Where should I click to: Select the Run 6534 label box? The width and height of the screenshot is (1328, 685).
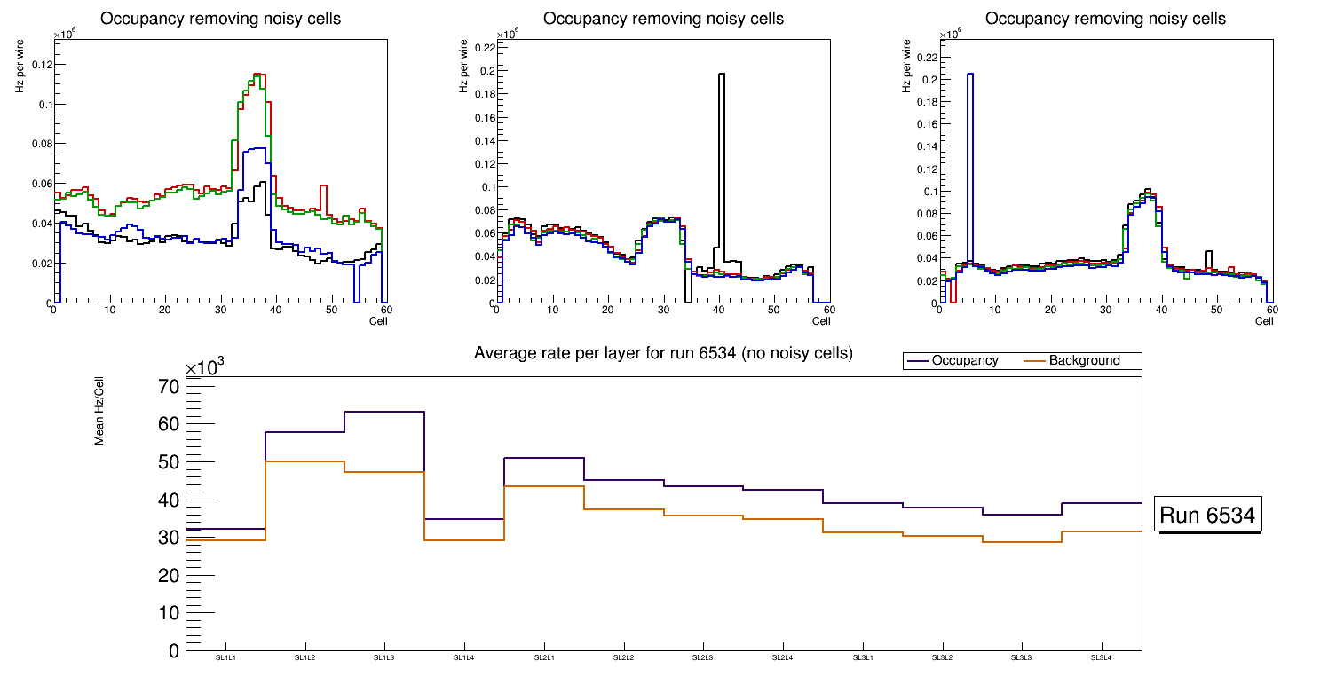tap(1207, 516)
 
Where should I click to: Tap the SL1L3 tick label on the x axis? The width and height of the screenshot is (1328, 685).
tap(384, 658)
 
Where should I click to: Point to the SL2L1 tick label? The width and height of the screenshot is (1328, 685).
tap(544, 658)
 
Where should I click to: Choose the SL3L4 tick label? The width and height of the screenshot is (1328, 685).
tap(1102, 658)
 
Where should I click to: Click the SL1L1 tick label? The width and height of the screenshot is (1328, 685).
tap(225, 658)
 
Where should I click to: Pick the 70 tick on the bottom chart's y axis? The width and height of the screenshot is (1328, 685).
tap(170, 387)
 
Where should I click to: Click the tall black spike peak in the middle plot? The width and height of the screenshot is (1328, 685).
tap(722, 75)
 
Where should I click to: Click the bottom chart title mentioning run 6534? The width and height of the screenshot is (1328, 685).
tap(663, 353)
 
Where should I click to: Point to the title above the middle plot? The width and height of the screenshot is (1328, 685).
tap(663, 19)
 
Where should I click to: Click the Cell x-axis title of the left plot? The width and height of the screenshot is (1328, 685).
tap(378, 320)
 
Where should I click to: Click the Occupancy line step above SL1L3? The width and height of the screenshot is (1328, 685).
tap(384, 412)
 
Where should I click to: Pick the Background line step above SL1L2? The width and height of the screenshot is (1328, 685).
tap(305, 461)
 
